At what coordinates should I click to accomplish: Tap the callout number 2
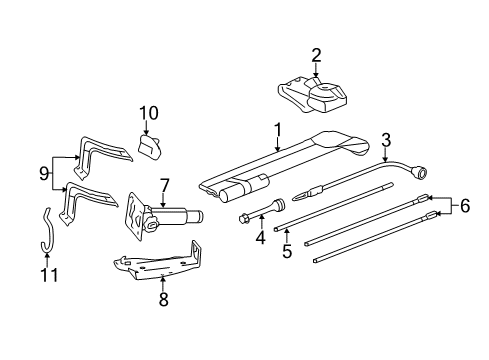[316, 55]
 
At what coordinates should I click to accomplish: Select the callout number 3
[385, 140]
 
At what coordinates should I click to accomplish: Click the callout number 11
[44, 272]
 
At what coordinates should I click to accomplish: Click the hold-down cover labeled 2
[315, 96]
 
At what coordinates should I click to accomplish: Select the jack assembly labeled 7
[160, 218]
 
